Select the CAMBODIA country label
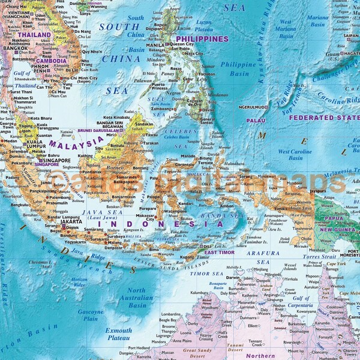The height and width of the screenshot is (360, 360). coord(52,61)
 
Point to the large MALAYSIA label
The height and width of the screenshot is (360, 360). coord(76,143)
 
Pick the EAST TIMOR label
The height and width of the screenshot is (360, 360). coord(219,253)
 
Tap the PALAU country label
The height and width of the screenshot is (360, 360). coord(256,120)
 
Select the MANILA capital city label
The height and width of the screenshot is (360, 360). coord(155,44)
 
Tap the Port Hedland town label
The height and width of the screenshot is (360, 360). coord(140,347)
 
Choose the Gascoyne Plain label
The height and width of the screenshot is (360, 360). coord(91,316)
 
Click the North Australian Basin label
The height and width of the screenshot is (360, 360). coord(137,298)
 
